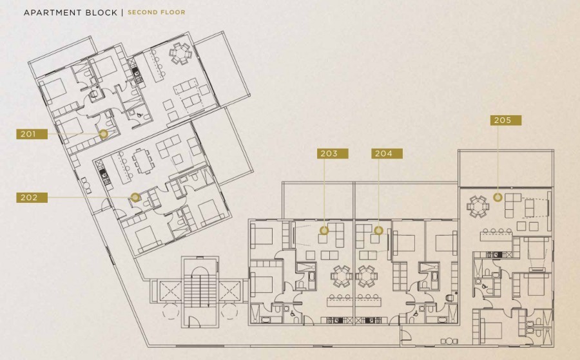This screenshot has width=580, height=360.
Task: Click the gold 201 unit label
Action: (32, 134)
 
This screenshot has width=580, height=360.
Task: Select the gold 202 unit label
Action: (32, 197)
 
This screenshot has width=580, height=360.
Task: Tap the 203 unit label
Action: (333, 153)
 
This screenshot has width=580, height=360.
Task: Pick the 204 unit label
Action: (387, 153)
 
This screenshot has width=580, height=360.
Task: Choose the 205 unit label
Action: (506, 120)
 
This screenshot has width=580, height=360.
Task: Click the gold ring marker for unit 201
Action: (104, 133)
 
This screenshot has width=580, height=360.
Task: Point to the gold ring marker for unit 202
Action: (135, 197)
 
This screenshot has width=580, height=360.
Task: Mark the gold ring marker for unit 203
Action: (324, 231)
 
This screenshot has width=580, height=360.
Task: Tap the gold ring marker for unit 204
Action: (378, 231)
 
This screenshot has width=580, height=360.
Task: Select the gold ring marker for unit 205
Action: (498, 197)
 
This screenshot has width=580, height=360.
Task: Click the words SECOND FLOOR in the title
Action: (157, 12)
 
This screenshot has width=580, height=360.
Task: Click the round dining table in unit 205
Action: (478, 207)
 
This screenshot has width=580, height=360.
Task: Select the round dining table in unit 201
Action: (181, 53)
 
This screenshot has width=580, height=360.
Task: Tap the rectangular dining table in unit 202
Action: (142, 161)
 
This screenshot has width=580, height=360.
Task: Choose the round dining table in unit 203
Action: (342, 276)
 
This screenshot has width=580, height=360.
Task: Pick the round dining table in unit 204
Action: (367, 276)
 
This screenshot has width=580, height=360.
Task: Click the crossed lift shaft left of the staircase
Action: (169, 291)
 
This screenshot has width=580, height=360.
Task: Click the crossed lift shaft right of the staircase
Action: (229, 291)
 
